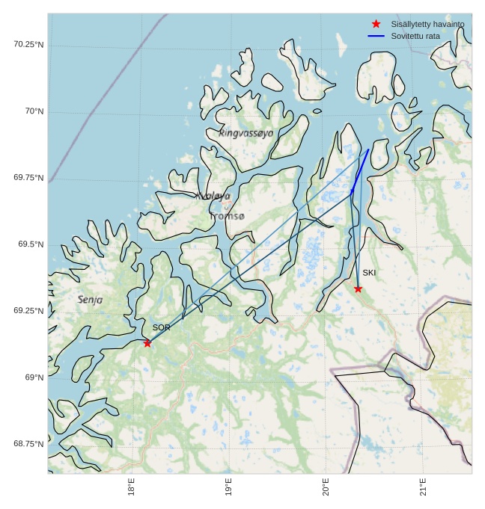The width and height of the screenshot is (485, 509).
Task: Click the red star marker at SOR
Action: (147, 343)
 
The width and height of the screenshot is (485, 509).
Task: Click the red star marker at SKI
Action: (358, 289)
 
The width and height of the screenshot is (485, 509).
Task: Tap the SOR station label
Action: (162, 327)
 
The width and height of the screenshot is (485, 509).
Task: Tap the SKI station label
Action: (369, 273)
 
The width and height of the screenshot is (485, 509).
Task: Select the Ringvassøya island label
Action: (246, 133)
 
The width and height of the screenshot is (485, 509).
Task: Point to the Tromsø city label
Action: (227, 216)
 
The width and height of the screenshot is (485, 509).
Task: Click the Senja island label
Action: (91, 300)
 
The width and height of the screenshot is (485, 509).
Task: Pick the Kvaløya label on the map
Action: (213, 196)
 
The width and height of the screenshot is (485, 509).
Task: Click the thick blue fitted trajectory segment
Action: (360, 170)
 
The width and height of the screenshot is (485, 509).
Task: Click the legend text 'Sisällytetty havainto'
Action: (427, 24)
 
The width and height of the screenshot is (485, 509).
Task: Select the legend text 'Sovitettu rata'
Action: (415, 36)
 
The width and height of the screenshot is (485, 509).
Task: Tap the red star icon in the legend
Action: (376, 24)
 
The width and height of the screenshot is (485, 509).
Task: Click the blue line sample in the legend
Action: (376, 36)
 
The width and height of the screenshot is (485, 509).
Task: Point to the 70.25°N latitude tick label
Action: (28, 44)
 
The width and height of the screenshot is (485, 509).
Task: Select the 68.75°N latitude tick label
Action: (28, 444)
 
